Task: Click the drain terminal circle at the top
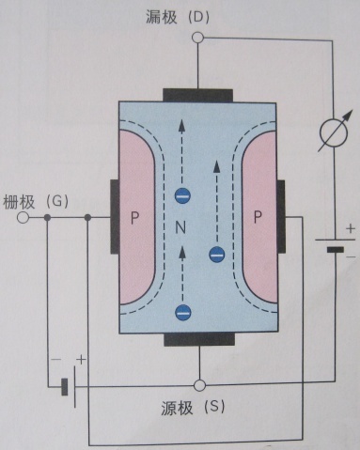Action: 197,38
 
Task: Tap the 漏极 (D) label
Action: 178,17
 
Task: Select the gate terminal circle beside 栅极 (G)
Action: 23,217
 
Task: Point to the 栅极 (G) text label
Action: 36,202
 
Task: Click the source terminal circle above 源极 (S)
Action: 199,385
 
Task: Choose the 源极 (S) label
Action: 193,408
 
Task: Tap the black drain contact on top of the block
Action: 197,96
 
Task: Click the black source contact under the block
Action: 199,339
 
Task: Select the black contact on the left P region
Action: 115,217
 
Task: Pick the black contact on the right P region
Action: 281,217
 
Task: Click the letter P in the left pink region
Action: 134,218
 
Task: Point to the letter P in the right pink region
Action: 258,217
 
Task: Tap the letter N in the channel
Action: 180,227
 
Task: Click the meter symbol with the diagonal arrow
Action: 334,132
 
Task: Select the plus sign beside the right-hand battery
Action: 351,228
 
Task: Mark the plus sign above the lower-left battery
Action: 81,359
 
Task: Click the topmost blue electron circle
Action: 182,196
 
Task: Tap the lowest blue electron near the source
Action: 183,312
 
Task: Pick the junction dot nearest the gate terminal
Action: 47,217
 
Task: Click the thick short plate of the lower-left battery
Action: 65,387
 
